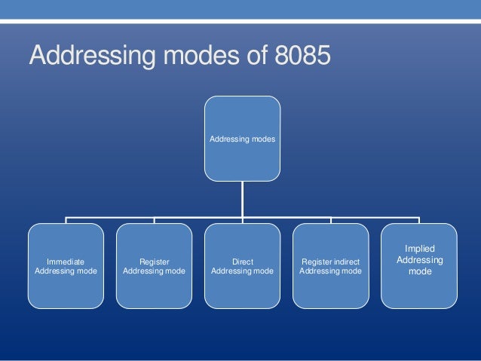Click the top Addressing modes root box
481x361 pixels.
[242, 138]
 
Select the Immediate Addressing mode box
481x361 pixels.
[66, 265]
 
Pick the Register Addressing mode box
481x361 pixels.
[154, 265]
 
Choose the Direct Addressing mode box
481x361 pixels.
[242, 265]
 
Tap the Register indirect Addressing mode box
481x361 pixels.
[330, 265]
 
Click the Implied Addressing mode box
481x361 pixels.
[419, 265]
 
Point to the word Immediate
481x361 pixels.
[66, 261]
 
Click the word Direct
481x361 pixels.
[242, 261]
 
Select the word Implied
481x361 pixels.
[420, 248]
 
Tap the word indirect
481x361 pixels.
[345, 261]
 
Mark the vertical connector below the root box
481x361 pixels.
[242, 199]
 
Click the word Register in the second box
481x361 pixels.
[154, 261]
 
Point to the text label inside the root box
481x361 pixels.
[242, 139]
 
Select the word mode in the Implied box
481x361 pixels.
[420, 272]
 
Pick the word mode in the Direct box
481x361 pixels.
[262, 271]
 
